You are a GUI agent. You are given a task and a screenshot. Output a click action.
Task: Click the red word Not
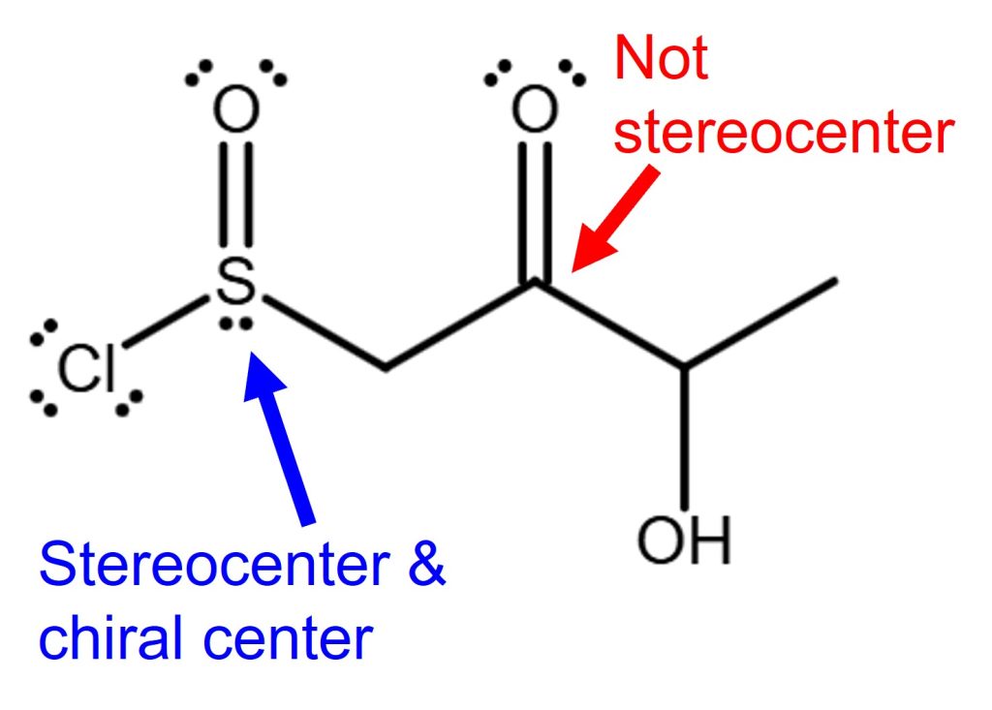click(x=662, y=60)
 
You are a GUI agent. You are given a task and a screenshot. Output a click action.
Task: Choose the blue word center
click(x=291, y=640)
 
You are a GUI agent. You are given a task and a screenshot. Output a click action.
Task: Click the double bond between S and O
click(x=235, y=194)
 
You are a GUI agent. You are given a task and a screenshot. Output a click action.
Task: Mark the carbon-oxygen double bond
click(x=535, y=208)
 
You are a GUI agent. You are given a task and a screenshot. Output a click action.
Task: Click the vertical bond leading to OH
click(x=684, y=436)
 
